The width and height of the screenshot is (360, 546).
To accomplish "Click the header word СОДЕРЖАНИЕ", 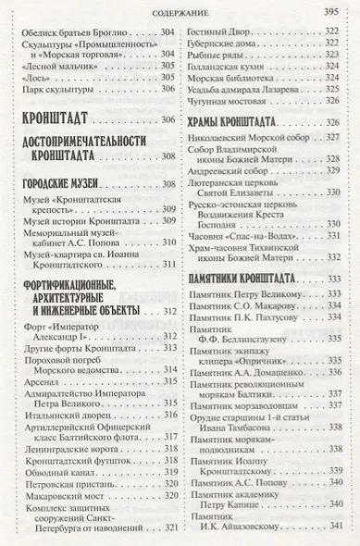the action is pyautogui.click(x=180, y=12).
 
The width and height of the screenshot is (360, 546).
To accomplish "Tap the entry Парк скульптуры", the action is pyautogui.click(x=55, y=89).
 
